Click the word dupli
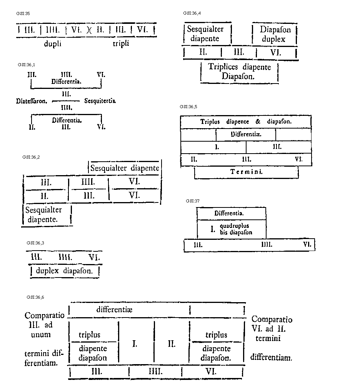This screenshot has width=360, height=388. pos(52,43)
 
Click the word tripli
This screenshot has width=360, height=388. pos(121,43)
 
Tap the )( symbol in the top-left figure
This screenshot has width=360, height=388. pos(89,30)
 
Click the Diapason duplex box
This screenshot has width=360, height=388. pos(275,34)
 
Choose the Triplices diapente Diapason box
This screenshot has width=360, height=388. pos(239,72)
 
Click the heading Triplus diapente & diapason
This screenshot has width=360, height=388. pos(246,122)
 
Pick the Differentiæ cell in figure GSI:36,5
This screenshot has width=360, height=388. pos(246,134)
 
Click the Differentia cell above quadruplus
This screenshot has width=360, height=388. pos(230,213)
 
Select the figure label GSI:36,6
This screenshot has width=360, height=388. pos(33,297)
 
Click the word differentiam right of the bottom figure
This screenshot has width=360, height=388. pos(271,357)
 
